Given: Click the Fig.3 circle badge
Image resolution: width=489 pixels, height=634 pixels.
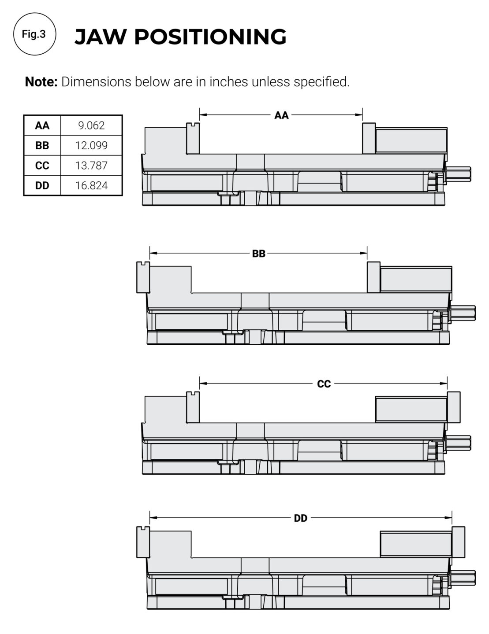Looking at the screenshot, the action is pyautogui.click(x=35, y=34).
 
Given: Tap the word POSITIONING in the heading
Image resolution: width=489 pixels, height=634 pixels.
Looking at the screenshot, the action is pyautogui.click(x=210, y=37).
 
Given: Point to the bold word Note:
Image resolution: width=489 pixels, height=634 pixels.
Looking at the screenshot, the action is pyautogui.click(x=41, y=82).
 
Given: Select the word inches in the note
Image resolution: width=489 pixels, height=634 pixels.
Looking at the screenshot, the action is pyautogui.click(x=229, y=82).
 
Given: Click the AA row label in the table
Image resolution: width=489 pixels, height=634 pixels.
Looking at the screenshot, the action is pyautogui.click(x=42, y=125).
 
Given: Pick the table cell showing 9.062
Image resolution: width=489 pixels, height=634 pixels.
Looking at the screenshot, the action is pyautogui.click(x=91, y=125).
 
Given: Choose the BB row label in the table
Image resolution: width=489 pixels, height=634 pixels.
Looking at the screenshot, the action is pyautogui.click(x=42, y=145).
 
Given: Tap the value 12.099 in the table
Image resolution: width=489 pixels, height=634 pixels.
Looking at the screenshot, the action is pyautogui.click(x=91, y=145).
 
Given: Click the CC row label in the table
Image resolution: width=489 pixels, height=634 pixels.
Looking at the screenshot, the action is pyautogui.click(x=42, y=166).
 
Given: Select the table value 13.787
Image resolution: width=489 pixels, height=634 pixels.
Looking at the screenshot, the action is pyautogui.click(x=91, y=166).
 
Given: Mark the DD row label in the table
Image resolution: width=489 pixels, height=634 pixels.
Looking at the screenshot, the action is pyautogui.click(x=42, y=185).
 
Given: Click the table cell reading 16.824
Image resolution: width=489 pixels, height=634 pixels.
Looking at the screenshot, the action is pyautogui.click(x=91, y=185).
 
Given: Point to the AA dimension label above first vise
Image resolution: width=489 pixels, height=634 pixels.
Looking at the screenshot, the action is pyautogui.click(x=281, y=115).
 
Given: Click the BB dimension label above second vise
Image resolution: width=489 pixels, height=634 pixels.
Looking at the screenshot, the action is pyautogui.click(x=258, y=254).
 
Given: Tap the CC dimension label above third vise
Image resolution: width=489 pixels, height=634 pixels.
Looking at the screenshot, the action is pyautogui.click(x=324, y=383).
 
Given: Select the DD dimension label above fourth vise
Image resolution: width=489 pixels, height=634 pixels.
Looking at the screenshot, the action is pyautogui.click(x=301, y=518).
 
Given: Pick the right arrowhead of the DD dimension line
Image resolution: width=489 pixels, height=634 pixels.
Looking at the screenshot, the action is pyautogui.click(x=448, y=518).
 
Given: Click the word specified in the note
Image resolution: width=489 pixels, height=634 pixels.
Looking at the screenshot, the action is pyautogui.click(x=321, y=82).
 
